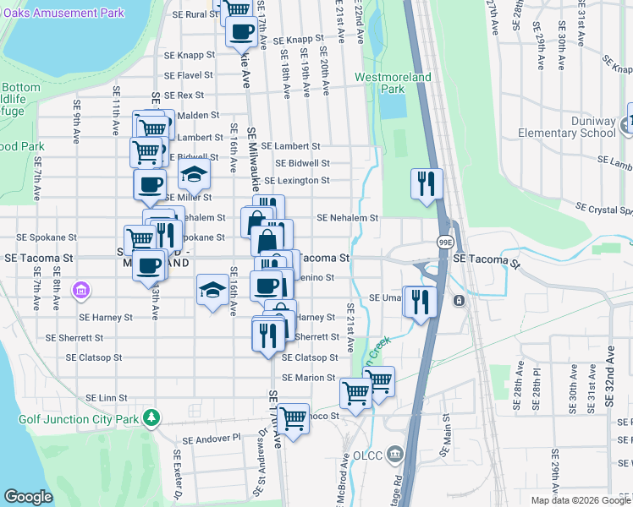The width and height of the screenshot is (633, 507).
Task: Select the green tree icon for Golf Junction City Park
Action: coord(151,417)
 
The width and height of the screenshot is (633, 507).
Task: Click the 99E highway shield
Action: coord(443,243)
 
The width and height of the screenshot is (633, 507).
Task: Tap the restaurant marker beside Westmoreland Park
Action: coord(427,183)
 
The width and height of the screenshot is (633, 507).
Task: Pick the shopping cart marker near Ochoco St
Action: coord(293,418)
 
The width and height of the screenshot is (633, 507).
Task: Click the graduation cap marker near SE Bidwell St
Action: coord(194,176)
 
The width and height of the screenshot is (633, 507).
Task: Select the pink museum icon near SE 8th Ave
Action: coord(81,292)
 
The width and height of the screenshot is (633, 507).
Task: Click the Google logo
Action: coord(28,497)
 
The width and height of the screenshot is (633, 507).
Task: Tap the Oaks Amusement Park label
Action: coord(63,13)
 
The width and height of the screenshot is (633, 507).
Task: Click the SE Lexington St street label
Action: coord(296,181)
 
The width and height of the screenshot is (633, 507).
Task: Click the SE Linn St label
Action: coord(107,397)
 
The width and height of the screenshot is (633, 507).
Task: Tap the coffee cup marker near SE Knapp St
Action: coord(241,31)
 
